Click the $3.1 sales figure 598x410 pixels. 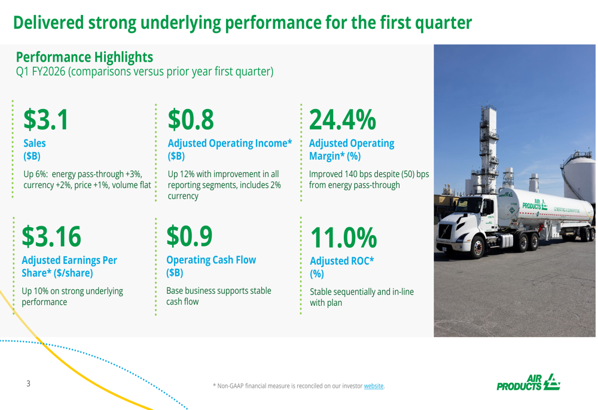click(x=45, y=119)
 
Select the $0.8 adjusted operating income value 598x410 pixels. click(x=191, y=119)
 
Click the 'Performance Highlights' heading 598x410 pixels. click(x=84, y=57)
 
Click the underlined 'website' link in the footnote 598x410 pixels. click(x=374, y=385)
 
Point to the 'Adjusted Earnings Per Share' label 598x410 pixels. click(x=69, y=266)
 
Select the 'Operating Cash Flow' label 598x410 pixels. click(x=212, y=260)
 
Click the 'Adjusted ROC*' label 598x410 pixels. click(x=341, y=261)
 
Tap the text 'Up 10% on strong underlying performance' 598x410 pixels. click(x=72, y=296)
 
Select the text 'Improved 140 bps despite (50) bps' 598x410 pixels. click(x=368, y=174)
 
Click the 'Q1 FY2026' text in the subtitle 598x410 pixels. click(x=40, y=72)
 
